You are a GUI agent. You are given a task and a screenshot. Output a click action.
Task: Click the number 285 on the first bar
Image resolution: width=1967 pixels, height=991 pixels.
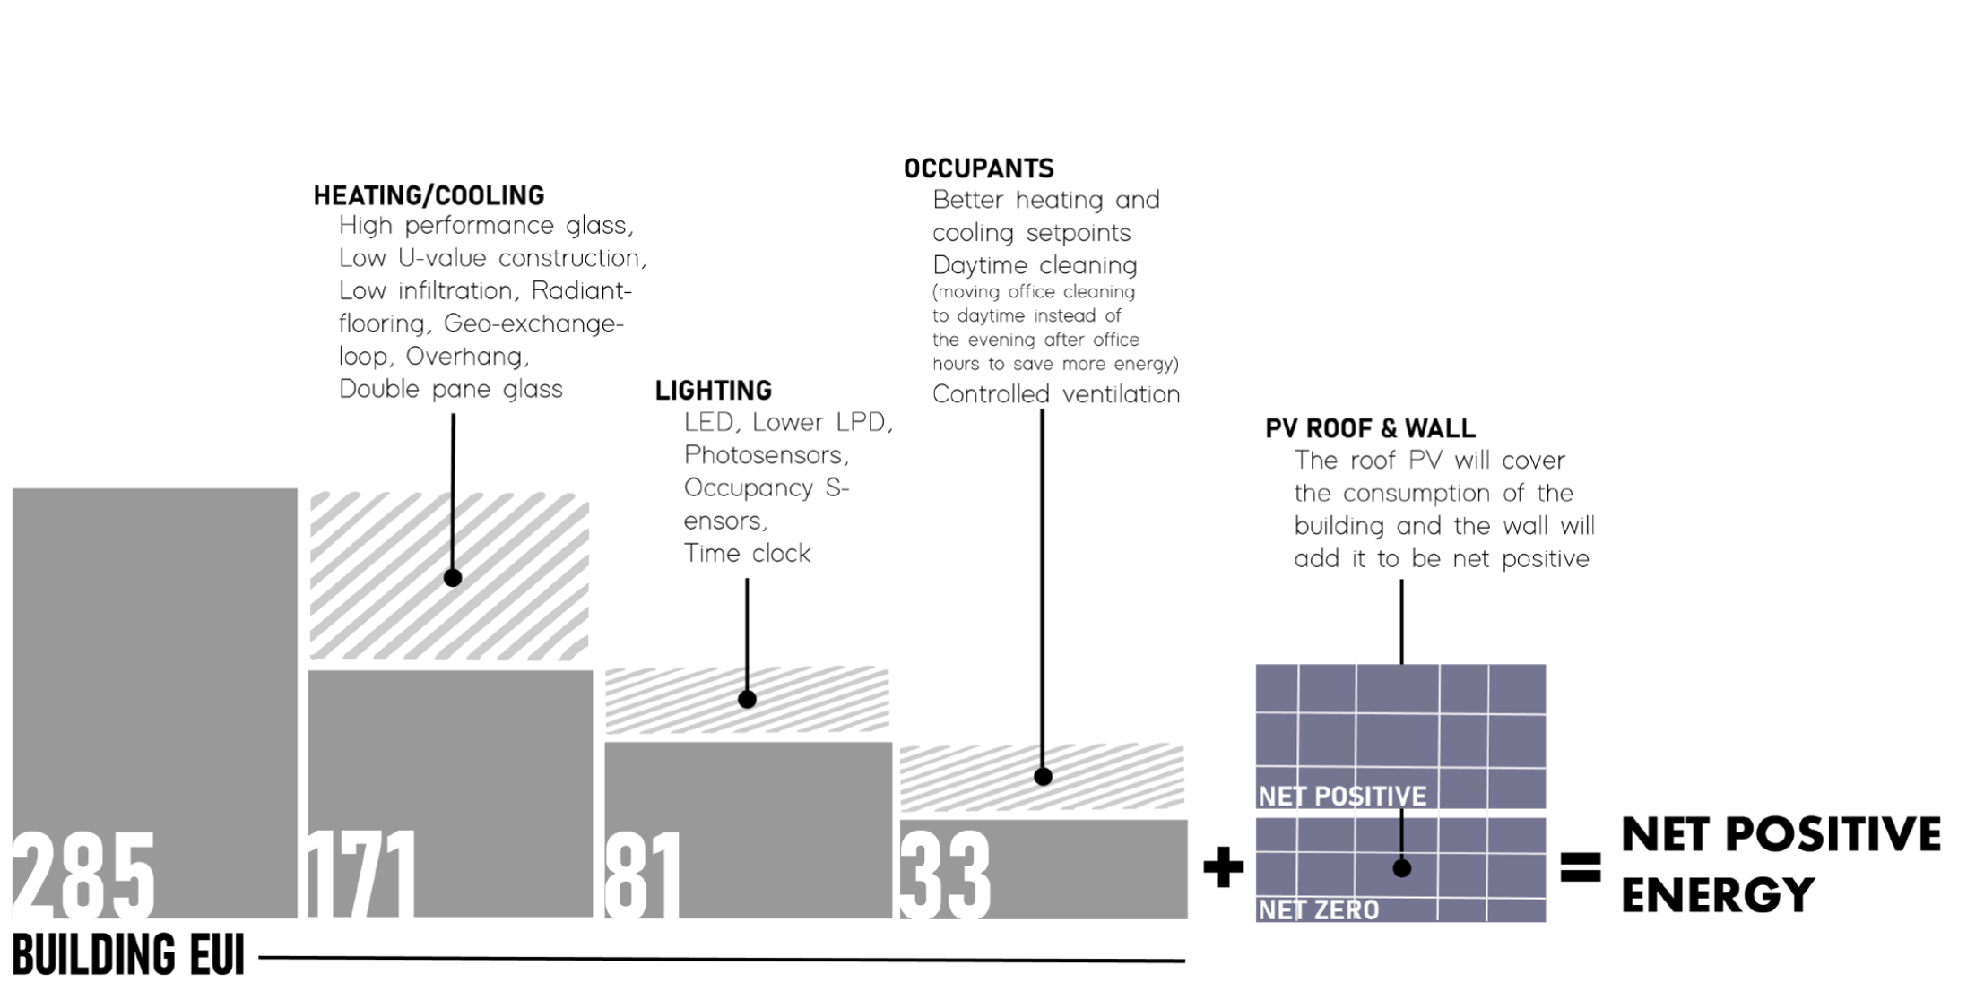click(83, 874)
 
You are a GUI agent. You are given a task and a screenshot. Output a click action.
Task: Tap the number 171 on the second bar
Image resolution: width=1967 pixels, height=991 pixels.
click(361, 874)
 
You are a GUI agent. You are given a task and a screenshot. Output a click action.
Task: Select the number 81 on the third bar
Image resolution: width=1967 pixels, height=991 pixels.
click(643, 874)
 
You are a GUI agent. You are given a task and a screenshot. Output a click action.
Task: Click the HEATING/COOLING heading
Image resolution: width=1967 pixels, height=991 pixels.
click(429, 195)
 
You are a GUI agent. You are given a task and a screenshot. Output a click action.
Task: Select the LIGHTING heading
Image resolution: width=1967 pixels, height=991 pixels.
click(713, 391)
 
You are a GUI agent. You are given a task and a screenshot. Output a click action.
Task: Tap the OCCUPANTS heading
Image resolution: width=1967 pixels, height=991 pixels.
click(978, 168)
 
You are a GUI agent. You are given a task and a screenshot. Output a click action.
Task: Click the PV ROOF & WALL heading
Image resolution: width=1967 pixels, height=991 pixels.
click(1369, 428)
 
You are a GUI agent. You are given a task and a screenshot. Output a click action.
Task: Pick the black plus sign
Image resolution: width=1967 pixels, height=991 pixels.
click(1223, 867)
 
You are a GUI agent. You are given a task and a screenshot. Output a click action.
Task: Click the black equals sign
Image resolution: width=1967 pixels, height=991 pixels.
click(1580, 867)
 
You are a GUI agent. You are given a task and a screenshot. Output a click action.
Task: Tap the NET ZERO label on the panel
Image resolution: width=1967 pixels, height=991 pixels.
click(1318, 910)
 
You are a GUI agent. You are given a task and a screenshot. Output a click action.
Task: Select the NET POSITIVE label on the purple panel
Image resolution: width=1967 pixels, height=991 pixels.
click(1341, 796)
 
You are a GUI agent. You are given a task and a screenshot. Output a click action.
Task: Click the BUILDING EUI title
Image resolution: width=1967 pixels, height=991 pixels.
click(128, 955)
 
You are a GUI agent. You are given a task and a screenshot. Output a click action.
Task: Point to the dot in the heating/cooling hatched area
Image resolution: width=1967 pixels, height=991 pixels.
click(453, 578)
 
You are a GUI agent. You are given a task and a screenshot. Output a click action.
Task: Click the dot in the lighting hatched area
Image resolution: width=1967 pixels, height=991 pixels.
click(747, 699)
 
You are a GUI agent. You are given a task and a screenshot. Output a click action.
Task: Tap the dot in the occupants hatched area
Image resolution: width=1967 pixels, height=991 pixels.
click(1043, 777)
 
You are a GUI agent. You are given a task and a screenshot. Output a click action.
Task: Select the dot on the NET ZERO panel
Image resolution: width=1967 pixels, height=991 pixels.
click(1402, 867)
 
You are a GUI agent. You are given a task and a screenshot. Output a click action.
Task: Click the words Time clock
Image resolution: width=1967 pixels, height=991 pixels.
click(747, 553)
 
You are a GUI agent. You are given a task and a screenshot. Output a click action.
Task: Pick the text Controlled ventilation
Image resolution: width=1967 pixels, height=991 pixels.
click(1055, 394)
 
